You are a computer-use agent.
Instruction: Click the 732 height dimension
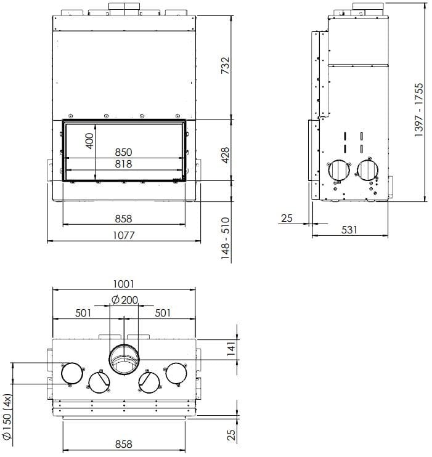pos(225,65)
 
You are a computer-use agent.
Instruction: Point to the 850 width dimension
pos(123,152)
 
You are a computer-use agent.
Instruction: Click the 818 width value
pos(123,164)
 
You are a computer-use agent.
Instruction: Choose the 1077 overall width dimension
pos(123,235)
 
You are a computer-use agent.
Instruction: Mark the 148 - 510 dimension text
pos(225,237)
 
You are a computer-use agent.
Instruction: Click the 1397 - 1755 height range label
pos(419,111)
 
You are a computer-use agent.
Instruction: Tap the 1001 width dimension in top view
pos(124,285)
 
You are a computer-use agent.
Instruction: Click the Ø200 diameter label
pos(125,300)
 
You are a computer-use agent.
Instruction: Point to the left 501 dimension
pos(83,313)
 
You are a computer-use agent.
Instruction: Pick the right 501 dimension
pos(163,313)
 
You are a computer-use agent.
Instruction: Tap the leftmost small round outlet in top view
pos(71,373)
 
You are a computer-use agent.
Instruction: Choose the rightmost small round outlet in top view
pos(176,373)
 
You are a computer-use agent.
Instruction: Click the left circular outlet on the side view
pos(338,171)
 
